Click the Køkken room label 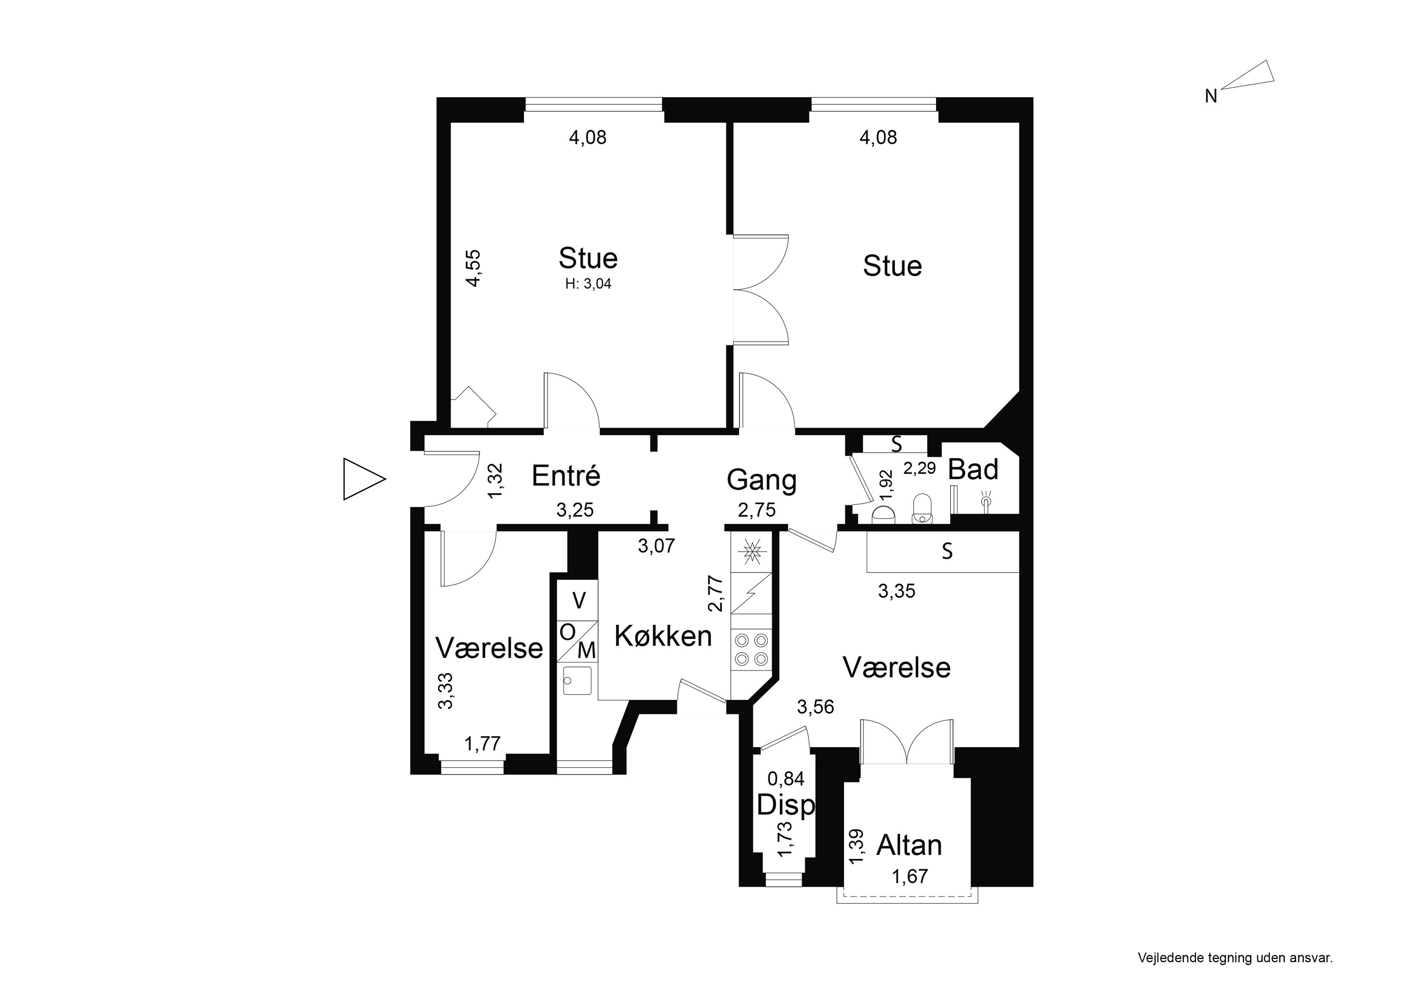pos(663,636)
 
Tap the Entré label pos(565,476)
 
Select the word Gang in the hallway pos(762,480)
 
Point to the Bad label pos(973,470)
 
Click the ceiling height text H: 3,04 pos(589,284)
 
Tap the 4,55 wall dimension pos(473,268)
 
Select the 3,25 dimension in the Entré pos(575,510)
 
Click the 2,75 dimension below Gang pos(757,510)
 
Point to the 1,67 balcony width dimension pos(910,876)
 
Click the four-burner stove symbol pos(751,649)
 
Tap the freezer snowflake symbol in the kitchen pos(751,551)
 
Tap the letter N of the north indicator pos(1211,97)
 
